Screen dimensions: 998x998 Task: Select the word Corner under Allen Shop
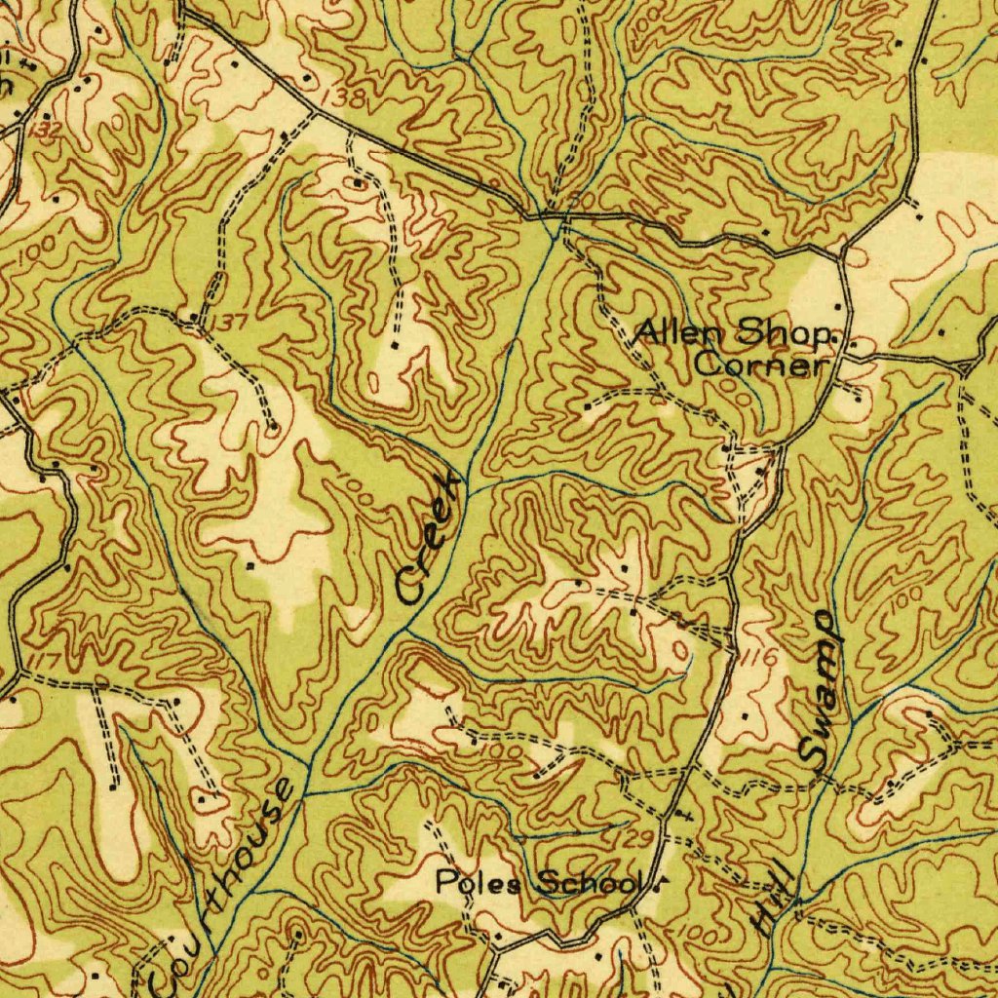761,366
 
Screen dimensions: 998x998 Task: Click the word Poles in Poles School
471,883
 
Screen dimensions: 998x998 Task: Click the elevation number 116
761,660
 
